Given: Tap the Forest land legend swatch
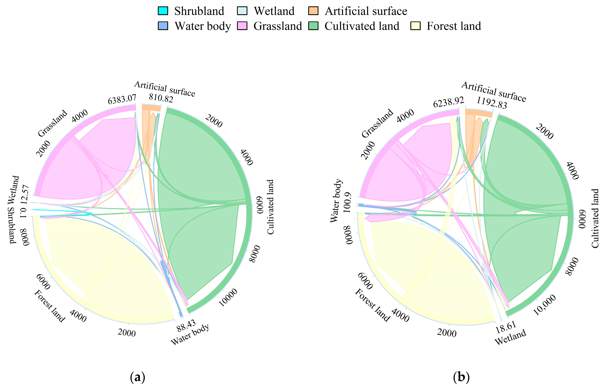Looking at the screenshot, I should coord(415,26).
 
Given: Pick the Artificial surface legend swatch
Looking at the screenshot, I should coord(313,11).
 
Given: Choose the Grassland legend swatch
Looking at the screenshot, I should coord(242,26).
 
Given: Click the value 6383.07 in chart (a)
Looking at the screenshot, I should coord(122,99).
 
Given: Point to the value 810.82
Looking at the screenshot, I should coord(161,98).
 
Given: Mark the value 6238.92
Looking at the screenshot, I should coord(448,102).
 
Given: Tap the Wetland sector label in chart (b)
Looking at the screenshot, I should coord(510,337).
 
